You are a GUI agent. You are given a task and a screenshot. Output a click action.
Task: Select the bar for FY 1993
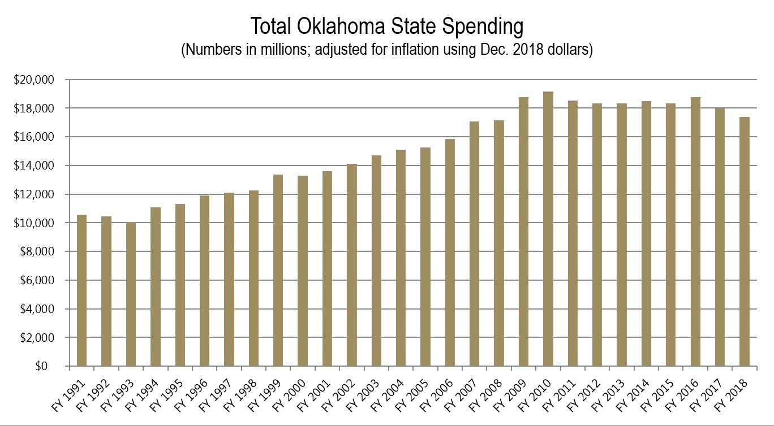click(x=131, y=294)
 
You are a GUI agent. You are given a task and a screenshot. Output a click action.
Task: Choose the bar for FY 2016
click(x=695, y=232)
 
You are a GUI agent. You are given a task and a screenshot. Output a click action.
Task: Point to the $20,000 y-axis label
click(x=33, y=80)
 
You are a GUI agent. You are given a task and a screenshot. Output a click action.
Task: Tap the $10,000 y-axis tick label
click(x=33, y=223)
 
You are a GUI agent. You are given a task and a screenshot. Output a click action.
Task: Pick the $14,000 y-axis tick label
click(x=33, y=166)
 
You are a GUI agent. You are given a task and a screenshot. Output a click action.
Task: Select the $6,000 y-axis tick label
click(x=36, y=280)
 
